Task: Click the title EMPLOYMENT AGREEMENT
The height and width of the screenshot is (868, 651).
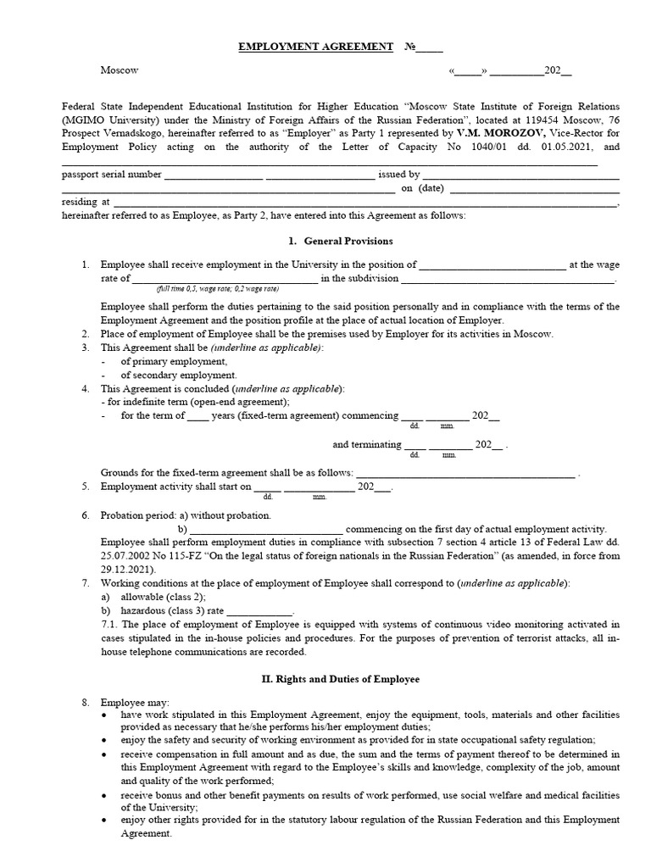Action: coord(315,47)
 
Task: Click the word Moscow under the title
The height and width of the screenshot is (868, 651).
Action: coord(119,70)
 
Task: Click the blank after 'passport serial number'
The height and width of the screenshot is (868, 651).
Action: coord(213,175)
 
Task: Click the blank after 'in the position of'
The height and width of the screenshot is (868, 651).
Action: coord(492,265)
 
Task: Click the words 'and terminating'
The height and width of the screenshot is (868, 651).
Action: coord(366,443)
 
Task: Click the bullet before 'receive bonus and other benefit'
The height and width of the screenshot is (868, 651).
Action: coord(104,797)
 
